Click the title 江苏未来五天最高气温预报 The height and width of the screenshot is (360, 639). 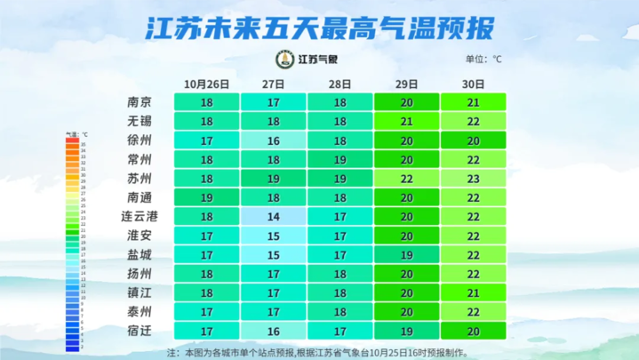[x=319, y=28]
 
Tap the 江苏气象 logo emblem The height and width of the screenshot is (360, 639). [x=284, y=60]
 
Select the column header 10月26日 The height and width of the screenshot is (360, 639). [x=206, y=84]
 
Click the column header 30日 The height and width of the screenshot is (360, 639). [x=474, y=84]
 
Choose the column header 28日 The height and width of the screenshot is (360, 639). [x=339, y=84]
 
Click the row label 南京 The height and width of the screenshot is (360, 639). [x=140, y=101]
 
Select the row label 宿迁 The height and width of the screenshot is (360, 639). [x=140, y=332]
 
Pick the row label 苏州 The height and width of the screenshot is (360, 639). [x=140, y=179]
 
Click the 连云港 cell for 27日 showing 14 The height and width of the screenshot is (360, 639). [x=273, y=217]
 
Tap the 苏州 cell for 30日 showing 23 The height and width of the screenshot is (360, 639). [x=474, y=179]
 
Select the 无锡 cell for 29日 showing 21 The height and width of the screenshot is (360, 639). [x=406, y=121]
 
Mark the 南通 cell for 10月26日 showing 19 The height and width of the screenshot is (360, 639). [x=206, y=197]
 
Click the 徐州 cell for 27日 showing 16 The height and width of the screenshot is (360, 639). [x=273, y=140]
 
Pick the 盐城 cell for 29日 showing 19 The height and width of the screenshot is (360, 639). [x=406, y=255]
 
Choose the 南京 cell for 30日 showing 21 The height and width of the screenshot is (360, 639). [x=474, y=101]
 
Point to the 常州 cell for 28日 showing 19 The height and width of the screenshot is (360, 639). [x=339, y=159]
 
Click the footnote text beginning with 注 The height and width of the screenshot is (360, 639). [x=320, y=352]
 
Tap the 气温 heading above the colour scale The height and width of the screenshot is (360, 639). [x=76, y=133]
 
